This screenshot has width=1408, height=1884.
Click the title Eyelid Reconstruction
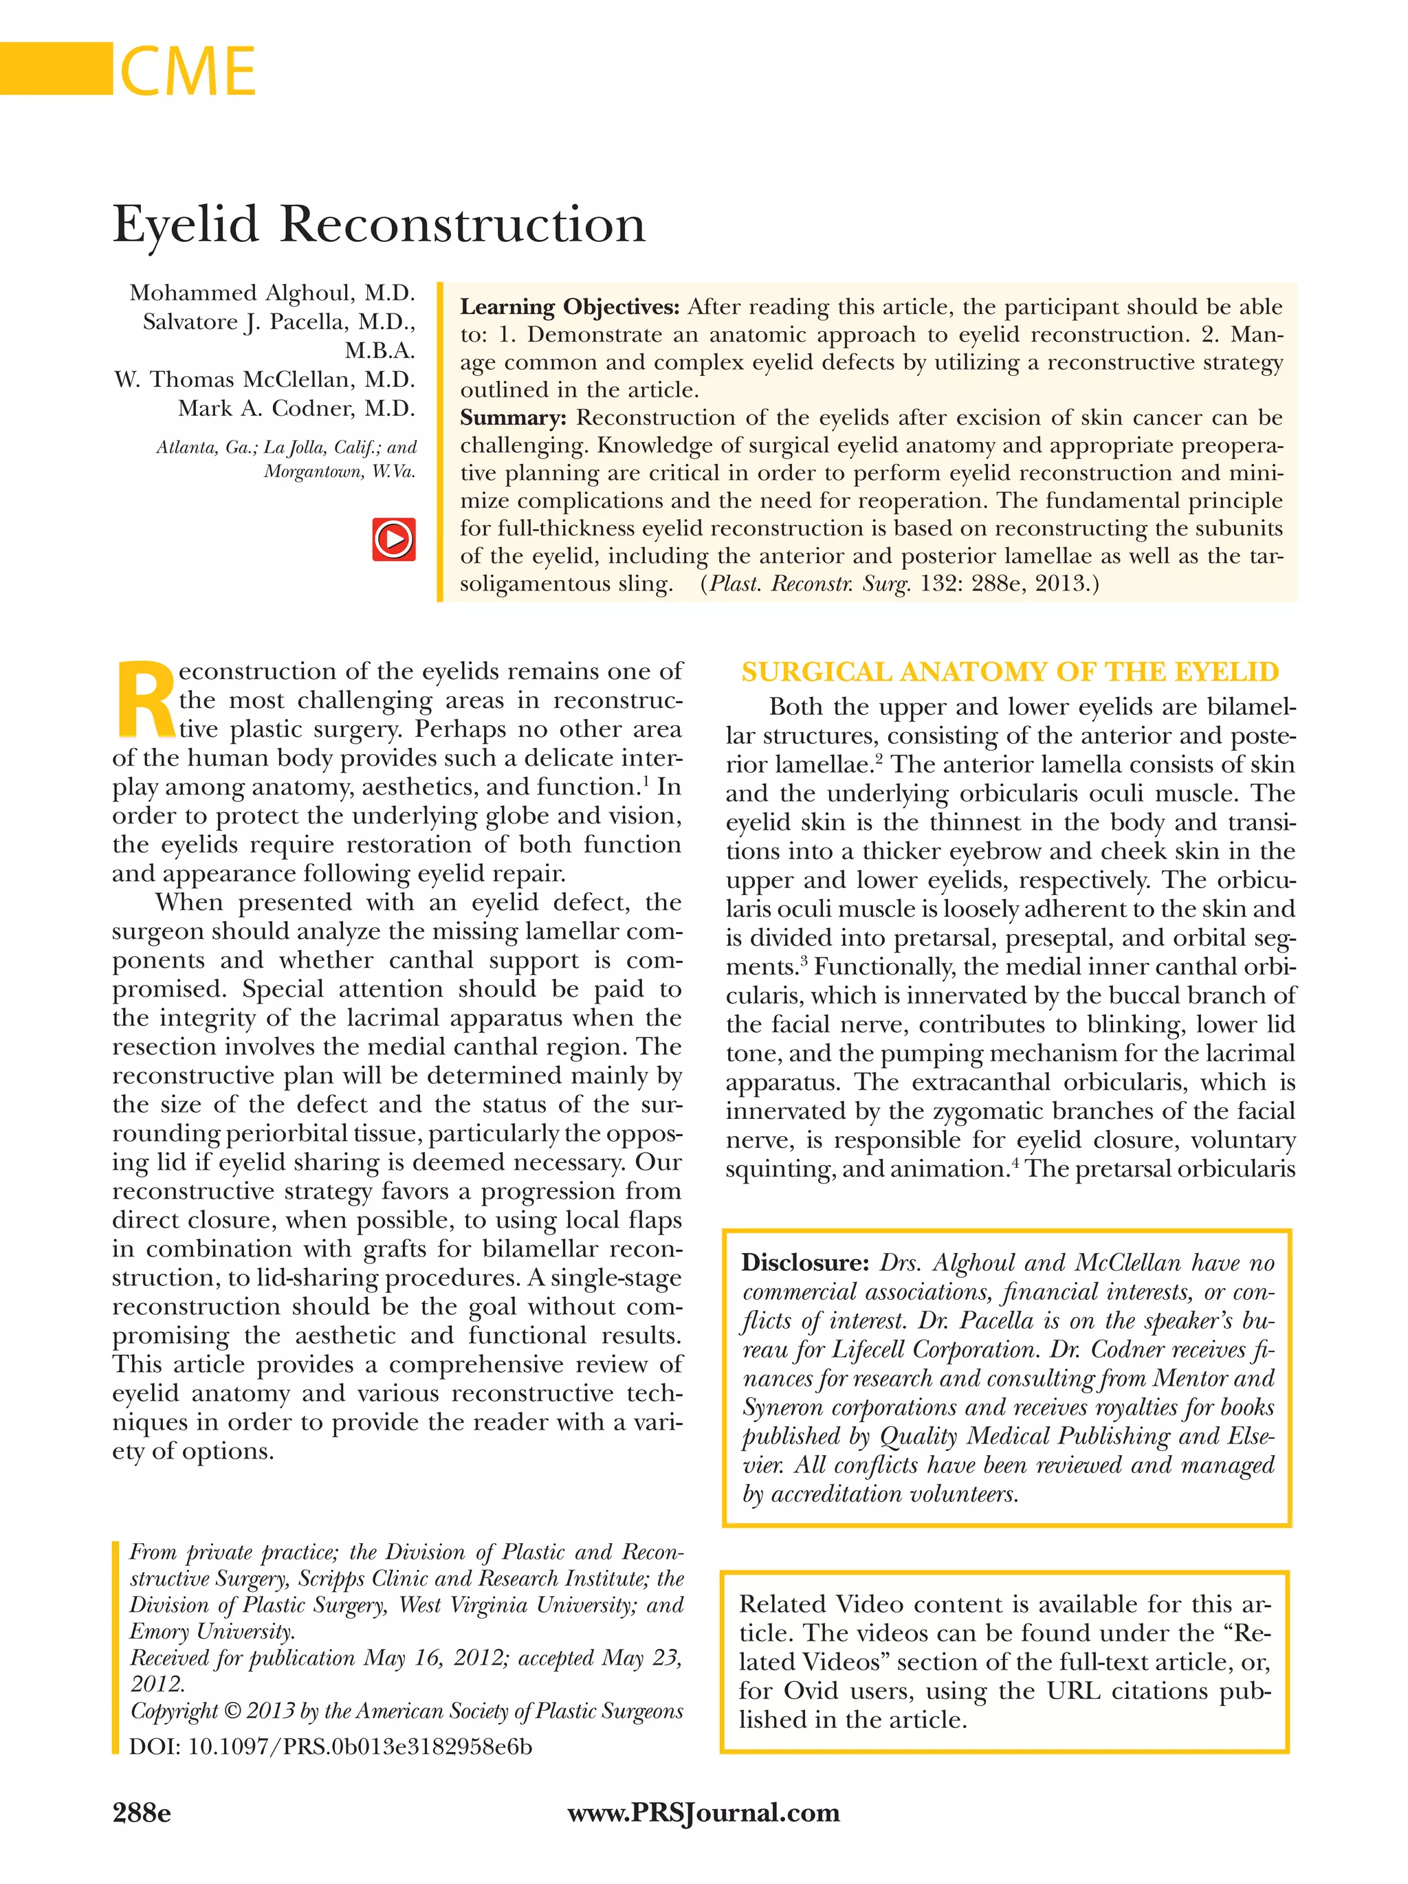click(378, 225)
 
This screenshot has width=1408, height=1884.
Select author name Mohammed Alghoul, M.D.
click(272, 293)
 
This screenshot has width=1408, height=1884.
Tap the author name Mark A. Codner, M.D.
click(296, 409)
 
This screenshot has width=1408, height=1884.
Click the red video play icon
click(393, 539)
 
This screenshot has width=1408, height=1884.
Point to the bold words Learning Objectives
click(569, 307)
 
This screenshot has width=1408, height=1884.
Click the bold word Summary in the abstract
click(512, 418)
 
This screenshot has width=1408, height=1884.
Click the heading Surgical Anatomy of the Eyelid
click(1009, 672)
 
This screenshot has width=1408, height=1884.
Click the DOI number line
click(331, 1747)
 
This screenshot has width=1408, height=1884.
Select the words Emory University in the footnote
click(212, 1631)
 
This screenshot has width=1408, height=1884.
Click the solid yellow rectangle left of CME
click(56, 68)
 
